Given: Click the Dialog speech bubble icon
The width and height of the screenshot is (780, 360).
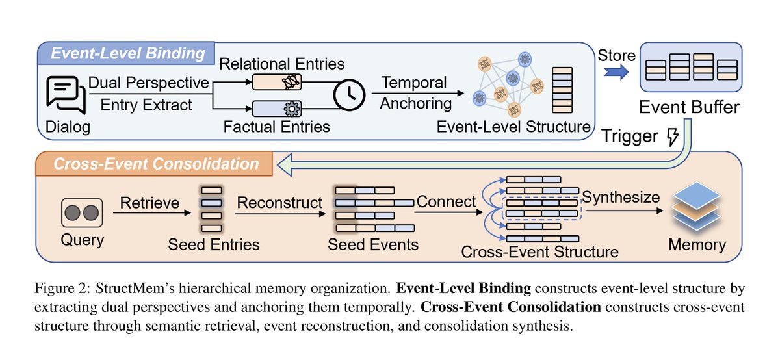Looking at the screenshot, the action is pyautogui.click(x=66, y=94).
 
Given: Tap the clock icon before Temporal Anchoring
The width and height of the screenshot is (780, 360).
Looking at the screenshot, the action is pyautogui.click(x=349, y=95).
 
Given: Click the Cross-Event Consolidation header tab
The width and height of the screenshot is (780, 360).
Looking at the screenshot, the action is pyautogui.click(x=154, y=164).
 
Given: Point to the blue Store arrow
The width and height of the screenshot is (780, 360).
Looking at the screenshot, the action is pyautogui.click(x=616, y=72).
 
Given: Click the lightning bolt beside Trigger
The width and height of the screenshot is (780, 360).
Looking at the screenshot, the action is pyautogui.click(x=673, y=136).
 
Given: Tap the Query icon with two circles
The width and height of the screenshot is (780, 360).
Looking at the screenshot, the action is pyautogui.click(x=82, y=212).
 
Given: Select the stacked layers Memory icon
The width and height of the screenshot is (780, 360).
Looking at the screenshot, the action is pyautogui.click(x=696, y=206).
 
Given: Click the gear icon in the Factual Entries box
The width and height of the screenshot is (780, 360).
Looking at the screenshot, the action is pyautogui.click(x=292, y=109).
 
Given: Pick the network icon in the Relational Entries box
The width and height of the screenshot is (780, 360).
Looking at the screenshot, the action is pyautogui.click(x=291, y=82).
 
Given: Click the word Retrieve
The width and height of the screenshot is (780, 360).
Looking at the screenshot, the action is pyautogui.click(x=149, y=203).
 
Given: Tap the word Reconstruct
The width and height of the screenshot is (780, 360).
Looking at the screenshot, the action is pyautogui.click(x=279, y=203).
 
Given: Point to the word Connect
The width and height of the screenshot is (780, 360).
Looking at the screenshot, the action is pyautogui.click(x=446, y=201).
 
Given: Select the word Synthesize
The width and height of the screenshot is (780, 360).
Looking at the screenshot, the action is pyautogui.click(x=621, y=198).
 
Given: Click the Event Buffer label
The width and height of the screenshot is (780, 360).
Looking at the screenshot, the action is pyautogui.click(x=689, y=107).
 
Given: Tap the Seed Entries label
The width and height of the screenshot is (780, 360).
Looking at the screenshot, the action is pyautogui.click(x=214, y=244).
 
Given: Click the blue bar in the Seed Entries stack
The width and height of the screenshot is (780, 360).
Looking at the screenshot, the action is pyautogui.click(x=212, y=203).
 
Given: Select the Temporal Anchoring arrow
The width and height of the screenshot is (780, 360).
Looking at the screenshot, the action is pyautogui.click(x=418, y=93).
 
